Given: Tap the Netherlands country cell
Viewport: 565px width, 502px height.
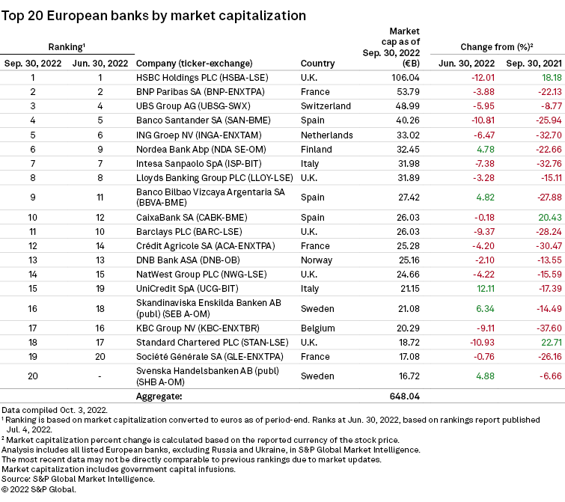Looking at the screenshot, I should [x=326, y=135].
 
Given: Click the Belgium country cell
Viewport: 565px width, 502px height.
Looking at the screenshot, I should [x=317, y=333].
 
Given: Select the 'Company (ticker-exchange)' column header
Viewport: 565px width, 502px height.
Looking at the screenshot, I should [x=194, y=63].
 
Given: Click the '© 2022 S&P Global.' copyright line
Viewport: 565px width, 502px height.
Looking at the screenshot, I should [x=39, y=489].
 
